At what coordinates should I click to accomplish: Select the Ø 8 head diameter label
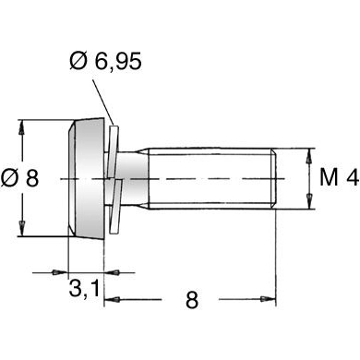tap(20, 178)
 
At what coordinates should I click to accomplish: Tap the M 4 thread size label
tap(337, 178)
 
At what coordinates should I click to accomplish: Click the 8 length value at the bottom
tap(191, 300)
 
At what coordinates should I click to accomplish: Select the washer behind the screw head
tap(114, 178)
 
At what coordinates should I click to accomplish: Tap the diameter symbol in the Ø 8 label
tap(10, 178)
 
